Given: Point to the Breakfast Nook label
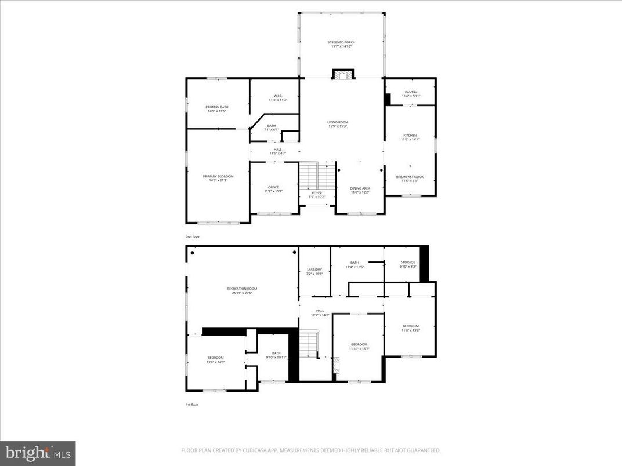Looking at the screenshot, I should tap(410, 179).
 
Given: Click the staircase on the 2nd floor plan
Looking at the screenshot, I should tap(317, 175).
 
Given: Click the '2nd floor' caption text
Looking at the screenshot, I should tap(192, 237).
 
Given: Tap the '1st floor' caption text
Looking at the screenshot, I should tap(192, 405).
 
